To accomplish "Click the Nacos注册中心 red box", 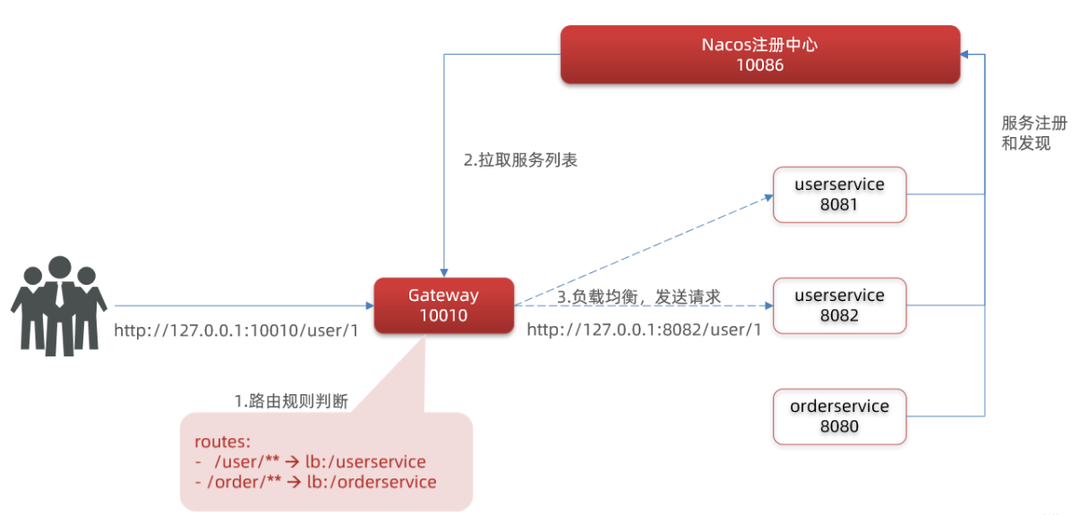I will pyautogui.click(x=759, y=55).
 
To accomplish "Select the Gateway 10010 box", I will pyautogui.click(x=443, y=305).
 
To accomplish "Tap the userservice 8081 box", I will pyautogui.click(x=839, y=194).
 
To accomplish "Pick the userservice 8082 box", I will pyautogui.click(x=839, y=305).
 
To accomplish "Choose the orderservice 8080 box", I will pyautogui.click(x=839, y=416).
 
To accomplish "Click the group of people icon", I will pyautogui.click(x=58, y=305).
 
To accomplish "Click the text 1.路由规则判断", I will pyautogui.click(x=291, y=401).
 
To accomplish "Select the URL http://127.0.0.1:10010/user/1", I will pyautogui.click(x=236, y=330).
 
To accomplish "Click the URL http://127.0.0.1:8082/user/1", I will pyautogui.click(x=644, y=330).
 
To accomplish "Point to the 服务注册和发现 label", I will pyautogui.click(x=1033, y=133).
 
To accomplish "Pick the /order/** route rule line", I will pyautogui.click(x=315, y=482).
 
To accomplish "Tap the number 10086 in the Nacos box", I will pyautogui.click(x=759, y=64).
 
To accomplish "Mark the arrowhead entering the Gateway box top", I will pyautogui.click(x=443, y=271).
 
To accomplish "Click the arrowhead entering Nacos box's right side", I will pyautogui.click(x=965, y=55).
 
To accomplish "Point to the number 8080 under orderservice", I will pyautogui.click(x=839, y=426).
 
